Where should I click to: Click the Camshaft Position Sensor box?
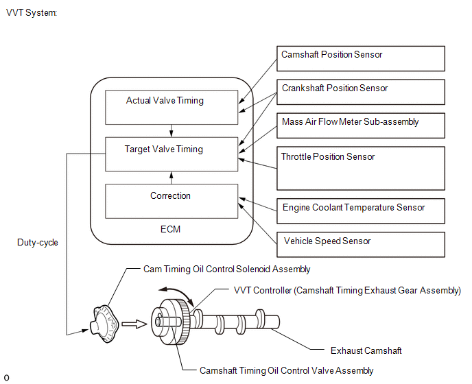coord(361,59)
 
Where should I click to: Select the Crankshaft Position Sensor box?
coord(361,92)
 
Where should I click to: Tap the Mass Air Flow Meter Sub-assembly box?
coord(361,125)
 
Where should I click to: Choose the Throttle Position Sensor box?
coord(361,168)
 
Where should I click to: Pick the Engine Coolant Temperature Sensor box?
coord(361,211)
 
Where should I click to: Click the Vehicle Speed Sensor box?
coord(361,245)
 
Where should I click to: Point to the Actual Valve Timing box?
coord(172,108)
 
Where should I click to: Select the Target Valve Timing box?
coord(172,154)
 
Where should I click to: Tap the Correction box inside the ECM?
coord(172,202)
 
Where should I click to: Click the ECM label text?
coord(170,229)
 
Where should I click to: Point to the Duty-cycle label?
coord(38,243)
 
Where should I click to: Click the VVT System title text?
coord(32,12)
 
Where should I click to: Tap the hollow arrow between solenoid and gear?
coord(134,324)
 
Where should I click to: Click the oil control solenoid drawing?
coord(104,324)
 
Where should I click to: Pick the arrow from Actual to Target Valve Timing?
coord(172,131)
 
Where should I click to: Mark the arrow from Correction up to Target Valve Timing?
coord(172,178)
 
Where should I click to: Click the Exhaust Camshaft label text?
coord(366,351)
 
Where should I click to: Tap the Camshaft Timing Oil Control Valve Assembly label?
coord(287,371)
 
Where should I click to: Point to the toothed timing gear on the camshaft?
coord(182,322)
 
